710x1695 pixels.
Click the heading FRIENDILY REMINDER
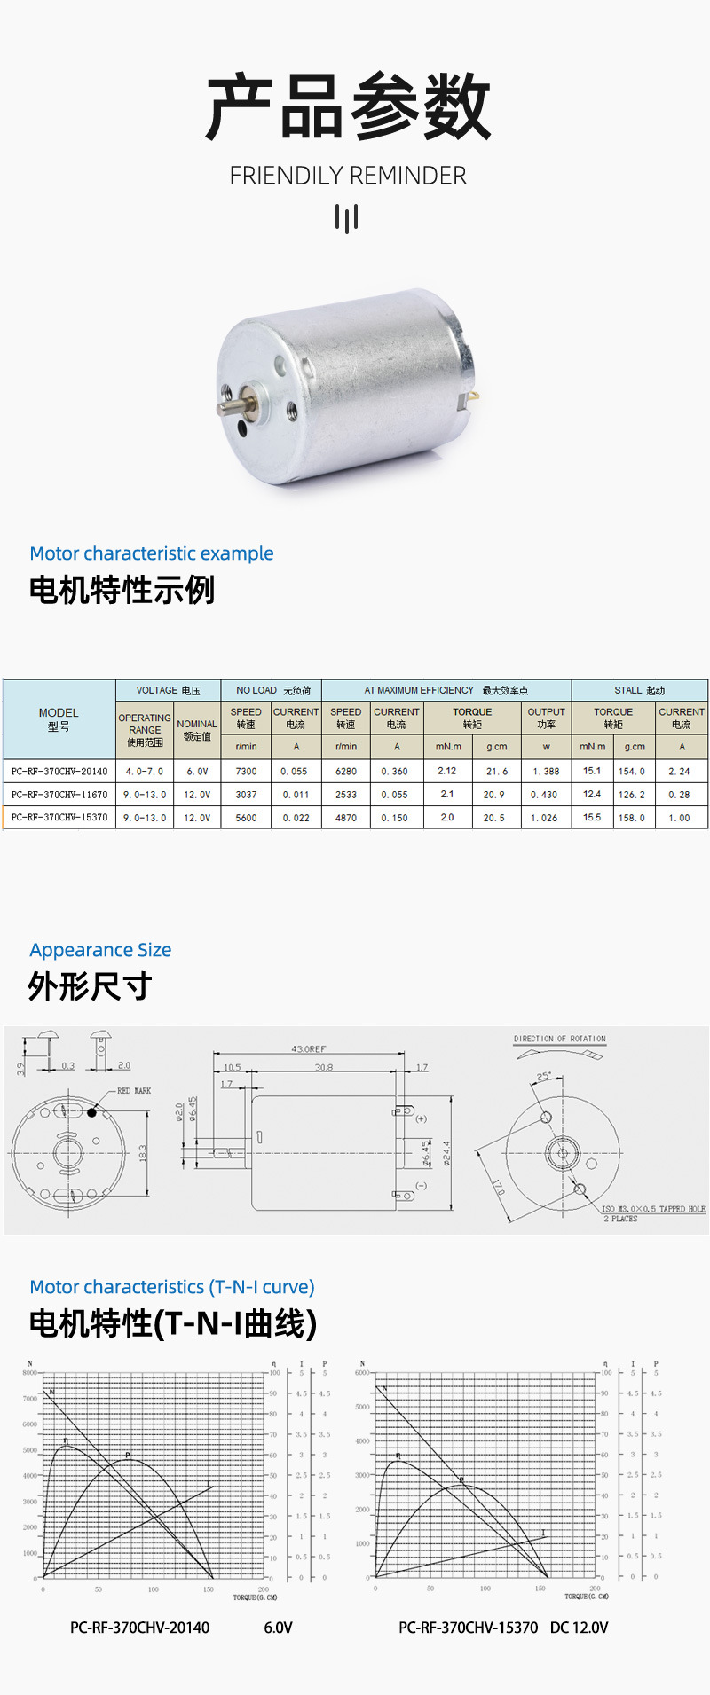tap(348, 176)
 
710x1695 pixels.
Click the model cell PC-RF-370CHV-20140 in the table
tap(59, 772)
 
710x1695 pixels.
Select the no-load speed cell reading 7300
tap(246, 772)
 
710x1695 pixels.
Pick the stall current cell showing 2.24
tap(680, 772)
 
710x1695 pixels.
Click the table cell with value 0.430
tap(545, 795)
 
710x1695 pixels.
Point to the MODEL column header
tap(59, 719)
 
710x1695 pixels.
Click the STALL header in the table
tap(639, 690)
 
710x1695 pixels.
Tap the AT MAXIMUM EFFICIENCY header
tap(446, 690)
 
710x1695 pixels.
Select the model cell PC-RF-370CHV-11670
tap(59, 795)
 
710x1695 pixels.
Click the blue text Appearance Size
tap(100, 950)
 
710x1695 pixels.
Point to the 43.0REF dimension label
tap(308, 1049)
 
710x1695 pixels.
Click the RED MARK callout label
tap(134, 1091)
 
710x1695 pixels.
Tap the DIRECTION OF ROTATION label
tap(559, 1039)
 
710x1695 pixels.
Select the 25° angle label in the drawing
tap(543, 1077)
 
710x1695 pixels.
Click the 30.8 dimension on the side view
tap(324, 1067)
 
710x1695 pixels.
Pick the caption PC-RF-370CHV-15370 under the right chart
tap(468, 1628)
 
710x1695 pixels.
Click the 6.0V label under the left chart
tap(278, 1628)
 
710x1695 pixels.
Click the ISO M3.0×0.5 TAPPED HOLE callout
tap(653, 1209)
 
